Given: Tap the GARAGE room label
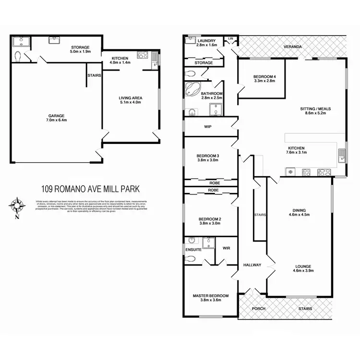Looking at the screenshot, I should click(x=56, y=116).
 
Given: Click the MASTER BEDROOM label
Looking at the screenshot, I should click(x=211, y=296).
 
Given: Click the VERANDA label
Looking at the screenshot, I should click(x=292, y=47).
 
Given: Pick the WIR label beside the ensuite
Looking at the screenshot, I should click(x=227, y=248).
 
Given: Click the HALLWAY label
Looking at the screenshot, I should click(x=252, y=264).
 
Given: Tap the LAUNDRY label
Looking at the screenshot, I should click(x=207, y=41).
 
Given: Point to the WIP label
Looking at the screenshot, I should click(x=208, y=127).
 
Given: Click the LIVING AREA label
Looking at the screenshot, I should click(x=131, y=97).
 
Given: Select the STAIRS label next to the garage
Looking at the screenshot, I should click(x=94, y=75).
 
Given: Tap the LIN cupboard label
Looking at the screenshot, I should click(x=230, y=38).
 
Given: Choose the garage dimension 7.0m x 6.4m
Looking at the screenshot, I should click(x=56, y=121).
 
